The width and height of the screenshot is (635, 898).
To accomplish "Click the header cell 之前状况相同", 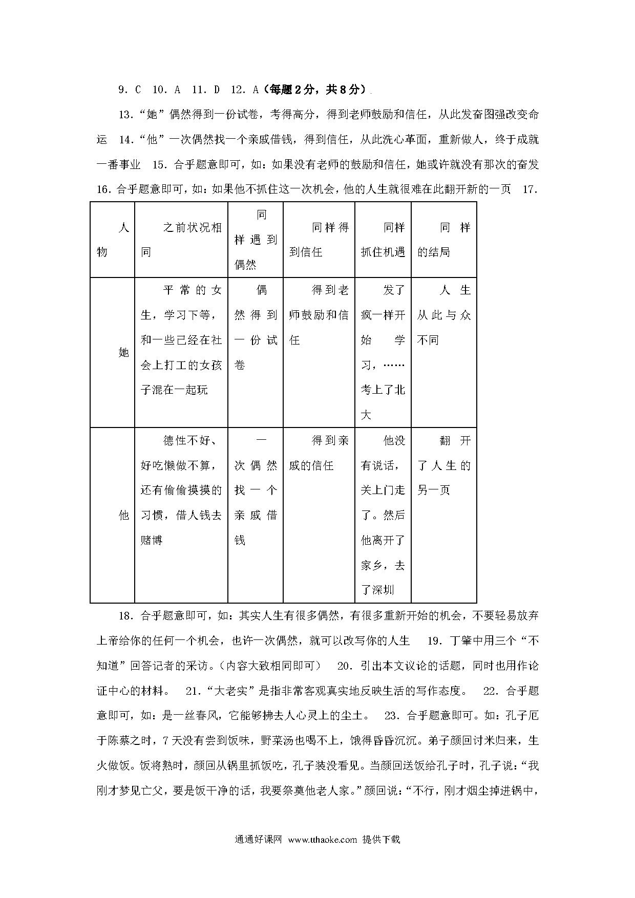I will pyautogui.click(x=181, y=240).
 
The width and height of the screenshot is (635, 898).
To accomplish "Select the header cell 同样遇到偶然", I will pyautogui.click(x=255, y=240).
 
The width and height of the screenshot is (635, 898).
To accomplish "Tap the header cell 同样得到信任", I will pyautogui.click(x=319, y=240).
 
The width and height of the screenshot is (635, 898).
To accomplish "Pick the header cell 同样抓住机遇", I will pyautogui.click(x=383, y=240).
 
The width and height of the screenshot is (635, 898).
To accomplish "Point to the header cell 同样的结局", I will pyautogui.click(x=443, y=240).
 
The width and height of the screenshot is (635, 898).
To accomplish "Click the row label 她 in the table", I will pyautogui.click(x=123, y=353).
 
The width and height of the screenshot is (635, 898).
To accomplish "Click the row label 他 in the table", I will pyautogui.click(x=123, y=515).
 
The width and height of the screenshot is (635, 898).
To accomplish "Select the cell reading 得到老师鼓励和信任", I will pyautogui.click(x=319, y=315).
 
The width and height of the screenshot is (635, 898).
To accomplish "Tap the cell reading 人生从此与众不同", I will pyautogui.click(x=443, y=315).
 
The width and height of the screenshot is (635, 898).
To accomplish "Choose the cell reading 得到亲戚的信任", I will pyautogui.click(x=319, y=453).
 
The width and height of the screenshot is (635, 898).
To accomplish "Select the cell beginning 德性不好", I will pyautogui.click(x=181, y=490).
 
